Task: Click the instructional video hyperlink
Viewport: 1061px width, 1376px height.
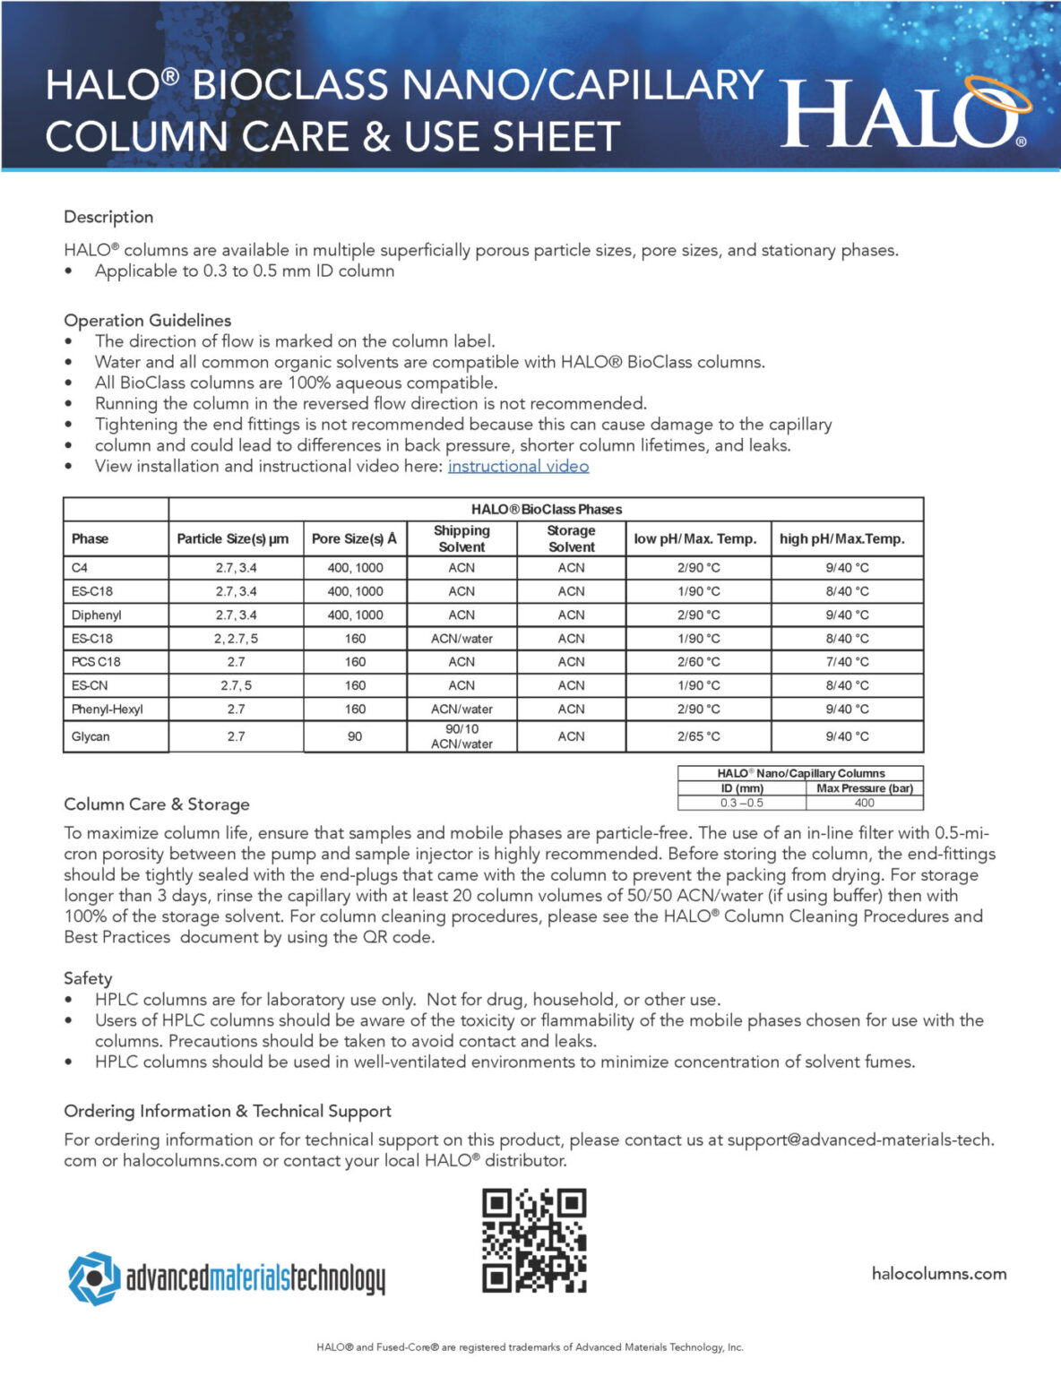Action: click(x=518, y=466)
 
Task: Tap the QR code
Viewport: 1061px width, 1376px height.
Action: click(x=534, y=1240)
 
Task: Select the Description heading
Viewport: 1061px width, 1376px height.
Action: click(x=108, y=217)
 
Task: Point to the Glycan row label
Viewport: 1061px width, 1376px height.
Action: click(x=91, y=736)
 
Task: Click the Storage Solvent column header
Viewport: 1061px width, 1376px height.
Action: click(x=571, y=538)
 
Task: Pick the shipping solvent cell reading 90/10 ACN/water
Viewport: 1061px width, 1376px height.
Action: click(x=461, y=736)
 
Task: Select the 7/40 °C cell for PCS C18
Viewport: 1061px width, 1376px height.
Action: click(x=847, y=662)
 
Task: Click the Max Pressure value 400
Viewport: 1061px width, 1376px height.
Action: click(x=864, y=803)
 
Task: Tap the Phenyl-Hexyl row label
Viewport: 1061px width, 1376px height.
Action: click(x=108, y=709)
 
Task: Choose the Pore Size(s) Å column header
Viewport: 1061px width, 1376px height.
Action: click(x=354, y=538)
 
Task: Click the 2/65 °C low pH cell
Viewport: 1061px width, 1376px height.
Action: click(x=698, y=736)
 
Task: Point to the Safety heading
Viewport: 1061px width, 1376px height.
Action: click(x=88, y=978)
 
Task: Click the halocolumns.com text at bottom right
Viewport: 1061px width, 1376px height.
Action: click(x=938, y=1274)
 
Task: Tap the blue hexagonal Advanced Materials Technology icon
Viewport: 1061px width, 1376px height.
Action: click(x=94, y=1278)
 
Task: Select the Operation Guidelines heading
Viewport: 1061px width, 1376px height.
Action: click(x=147, y=320)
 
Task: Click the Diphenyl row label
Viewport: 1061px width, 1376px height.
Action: click(x=97, y=615)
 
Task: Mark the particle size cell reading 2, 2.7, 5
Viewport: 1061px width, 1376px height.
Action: click(x=236, y=639)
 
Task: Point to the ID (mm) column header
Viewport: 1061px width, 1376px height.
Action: click(x=742, y=788)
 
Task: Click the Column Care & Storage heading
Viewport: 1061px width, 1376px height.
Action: click(x=157, y=804)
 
